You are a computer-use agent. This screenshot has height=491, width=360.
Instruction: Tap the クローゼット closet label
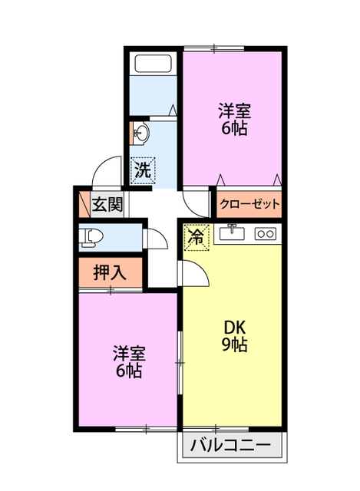pyautogui.click(x=249, y=204)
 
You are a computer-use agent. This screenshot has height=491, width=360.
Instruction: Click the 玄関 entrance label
pyautogui.click(x=107, y=204)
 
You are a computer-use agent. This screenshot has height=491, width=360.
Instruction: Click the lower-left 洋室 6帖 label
pyautogui.click(x=129, y=362)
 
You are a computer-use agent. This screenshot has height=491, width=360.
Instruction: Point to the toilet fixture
pyautogui.click(x=91, y=237)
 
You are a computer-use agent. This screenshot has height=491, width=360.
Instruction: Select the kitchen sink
pyautogui.click(x=232, y=232)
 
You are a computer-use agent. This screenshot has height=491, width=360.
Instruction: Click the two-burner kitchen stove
pyautogui.click(x=265, y=233)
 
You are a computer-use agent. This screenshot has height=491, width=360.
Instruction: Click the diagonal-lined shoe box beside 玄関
pyautogui.click(x=84, y=204)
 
